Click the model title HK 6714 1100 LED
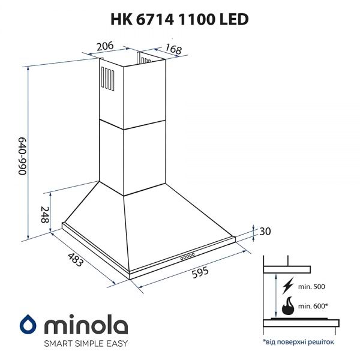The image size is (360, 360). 179,19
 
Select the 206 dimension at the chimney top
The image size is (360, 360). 106,46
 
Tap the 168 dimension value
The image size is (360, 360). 173,50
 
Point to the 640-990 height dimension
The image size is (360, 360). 22,155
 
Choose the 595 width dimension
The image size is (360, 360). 200,272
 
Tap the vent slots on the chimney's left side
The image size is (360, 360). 107,78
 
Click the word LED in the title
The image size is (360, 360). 236,19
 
